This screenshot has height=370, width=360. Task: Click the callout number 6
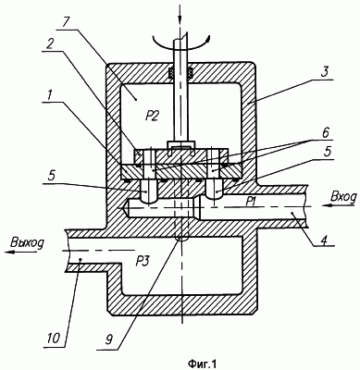click(325, 133)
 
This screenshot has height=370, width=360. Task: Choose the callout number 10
click(53, 339)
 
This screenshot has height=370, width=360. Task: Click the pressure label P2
click(151, 117)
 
